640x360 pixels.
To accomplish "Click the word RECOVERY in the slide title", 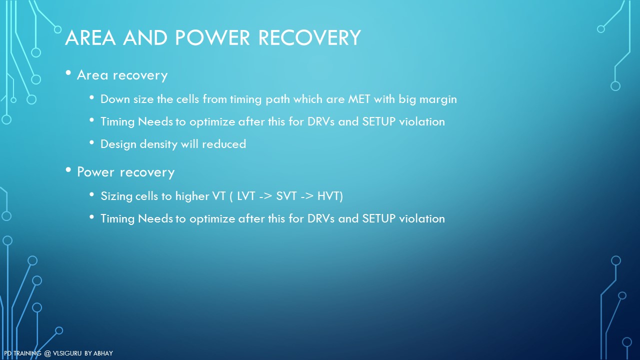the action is (x=309, y=37).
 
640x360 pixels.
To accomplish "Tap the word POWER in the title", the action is (x=212, y=37).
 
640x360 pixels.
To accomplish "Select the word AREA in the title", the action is (x=90, y=37).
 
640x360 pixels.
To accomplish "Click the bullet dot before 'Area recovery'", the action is (x=68, y=73).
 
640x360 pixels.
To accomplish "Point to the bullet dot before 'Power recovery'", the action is (x=68, y=170).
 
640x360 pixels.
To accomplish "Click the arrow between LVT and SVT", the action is (x=265, y=196).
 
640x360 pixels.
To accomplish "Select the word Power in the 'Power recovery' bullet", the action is (x=95, y=172).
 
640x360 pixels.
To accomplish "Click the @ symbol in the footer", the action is (x=47, y=353).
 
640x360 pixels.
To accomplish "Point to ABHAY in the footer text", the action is (x=103, y=353).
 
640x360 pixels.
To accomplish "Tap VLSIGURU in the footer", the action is (x=67, y=353).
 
